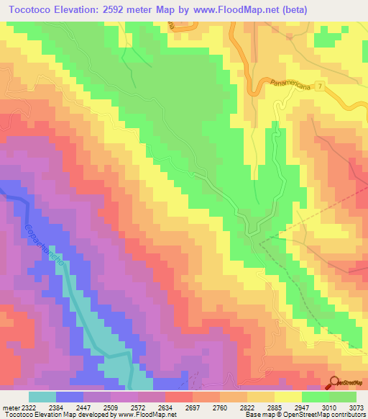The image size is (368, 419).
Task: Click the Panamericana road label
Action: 293,86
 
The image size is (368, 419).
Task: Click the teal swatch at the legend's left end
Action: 42,397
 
